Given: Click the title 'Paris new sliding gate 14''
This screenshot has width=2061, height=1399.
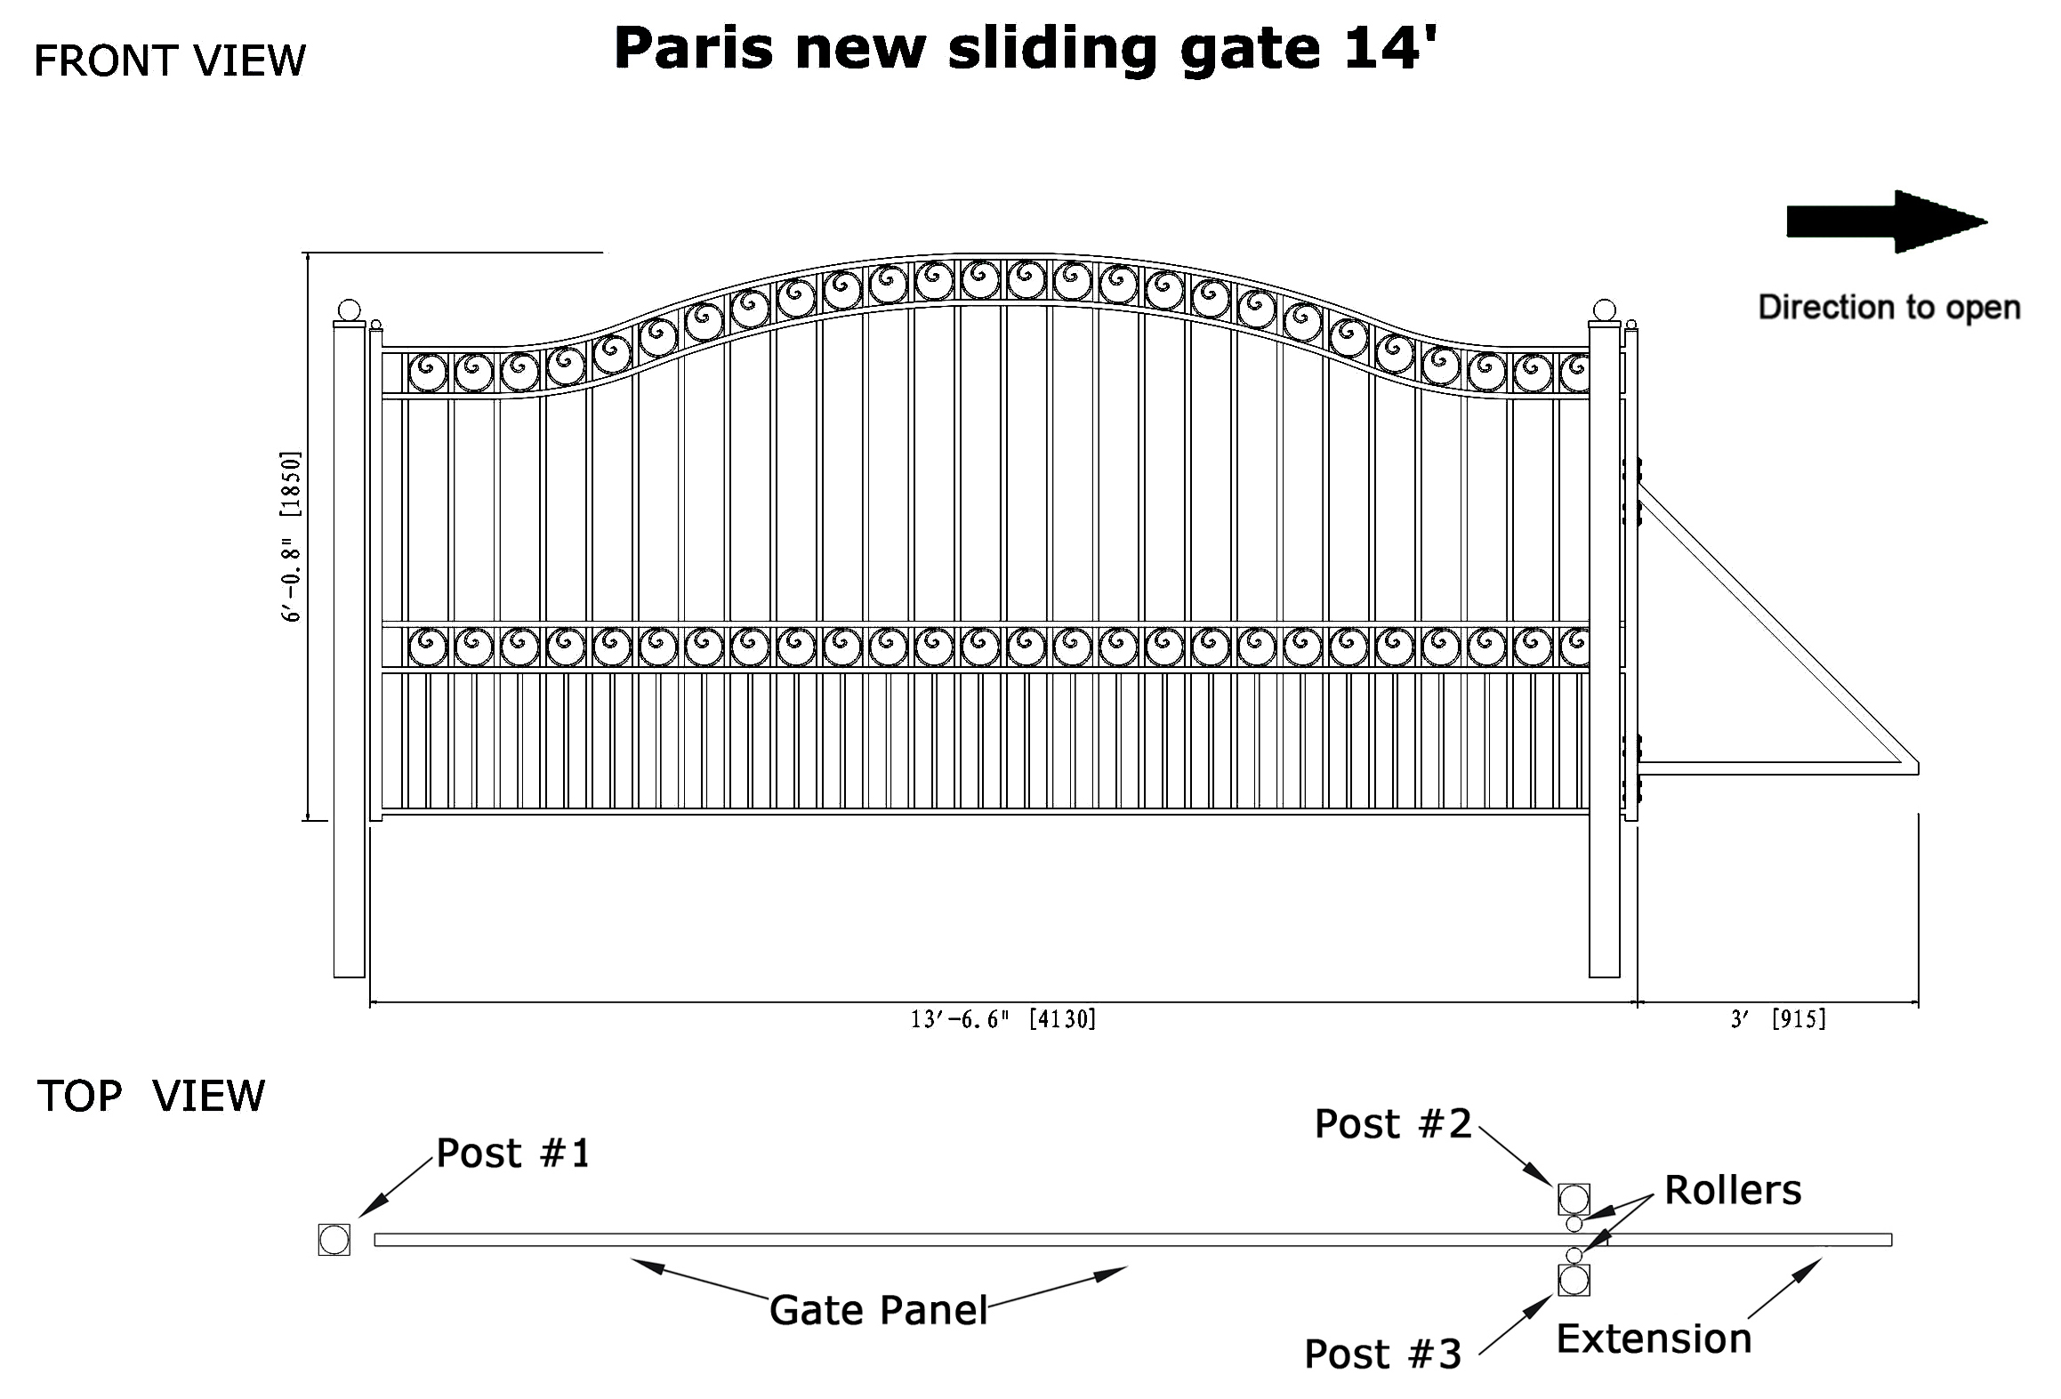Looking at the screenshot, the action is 1026,50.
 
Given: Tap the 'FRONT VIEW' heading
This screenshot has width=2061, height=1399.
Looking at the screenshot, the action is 170,61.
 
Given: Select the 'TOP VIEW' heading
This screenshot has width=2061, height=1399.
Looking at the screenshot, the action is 151,1096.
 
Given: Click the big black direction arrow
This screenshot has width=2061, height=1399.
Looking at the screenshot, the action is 1887,221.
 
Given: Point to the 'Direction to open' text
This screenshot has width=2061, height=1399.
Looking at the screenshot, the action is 1889,308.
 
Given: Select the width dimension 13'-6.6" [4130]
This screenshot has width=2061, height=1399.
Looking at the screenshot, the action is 1003,1019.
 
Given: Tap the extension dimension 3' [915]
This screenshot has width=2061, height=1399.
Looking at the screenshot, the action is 1778,1019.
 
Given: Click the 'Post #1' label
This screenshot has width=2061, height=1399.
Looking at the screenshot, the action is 513,1154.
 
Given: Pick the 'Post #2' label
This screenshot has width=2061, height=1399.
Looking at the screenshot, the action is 1393,1124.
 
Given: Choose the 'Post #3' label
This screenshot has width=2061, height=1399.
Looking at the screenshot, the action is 1382,1355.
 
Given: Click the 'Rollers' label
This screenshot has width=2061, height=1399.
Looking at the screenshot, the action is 1733,1190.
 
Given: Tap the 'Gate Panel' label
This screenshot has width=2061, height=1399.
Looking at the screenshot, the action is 879,1310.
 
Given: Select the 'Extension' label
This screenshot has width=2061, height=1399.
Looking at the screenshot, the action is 1654,1339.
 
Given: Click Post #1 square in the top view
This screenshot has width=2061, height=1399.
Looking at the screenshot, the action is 334,1240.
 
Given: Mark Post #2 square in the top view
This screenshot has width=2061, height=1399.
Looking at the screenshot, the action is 1574,1199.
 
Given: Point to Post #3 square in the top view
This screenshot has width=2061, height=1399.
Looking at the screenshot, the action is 1574,1280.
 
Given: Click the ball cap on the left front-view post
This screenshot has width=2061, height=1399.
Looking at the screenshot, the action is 350,311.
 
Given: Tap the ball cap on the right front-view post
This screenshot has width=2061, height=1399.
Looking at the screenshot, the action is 1605,311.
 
